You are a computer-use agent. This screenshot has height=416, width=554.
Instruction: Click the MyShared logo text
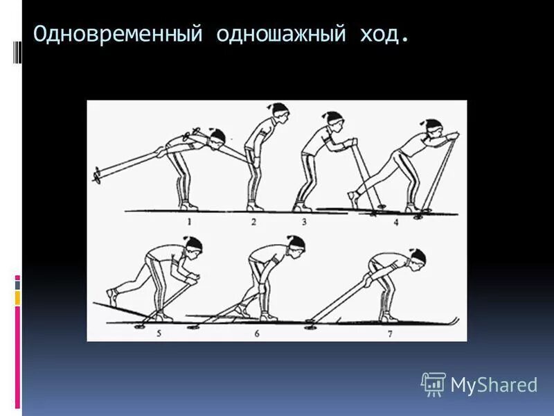click(494, 385)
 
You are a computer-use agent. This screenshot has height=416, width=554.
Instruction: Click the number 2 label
click(253, 222)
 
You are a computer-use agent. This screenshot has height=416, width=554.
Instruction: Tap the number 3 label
click(304, 222)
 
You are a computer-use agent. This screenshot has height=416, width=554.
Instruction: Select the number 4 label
click(395, 222)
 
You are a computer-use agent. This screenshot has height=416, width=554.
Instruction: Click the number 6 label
click(256, 333)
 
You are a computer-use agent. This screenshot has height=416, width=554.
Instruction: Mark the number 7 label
click(388, 333)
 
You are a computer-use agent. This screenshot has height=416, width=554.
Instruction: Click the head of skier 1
click(217, 137)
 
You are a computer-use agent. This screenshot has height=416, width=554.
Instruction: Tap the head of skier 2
click(278, 111)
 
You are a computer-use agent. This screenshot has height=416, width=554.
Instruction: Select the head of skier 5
click(195, 245)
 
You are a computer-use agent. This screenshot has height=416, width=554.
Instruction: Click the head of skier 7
click(418, 257)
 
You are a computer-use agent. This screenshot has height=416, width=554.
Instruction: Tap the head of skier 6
click(296, 245)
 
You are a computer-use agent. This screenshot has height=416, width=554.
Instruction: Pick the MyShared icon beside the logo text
click(434, 383)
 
